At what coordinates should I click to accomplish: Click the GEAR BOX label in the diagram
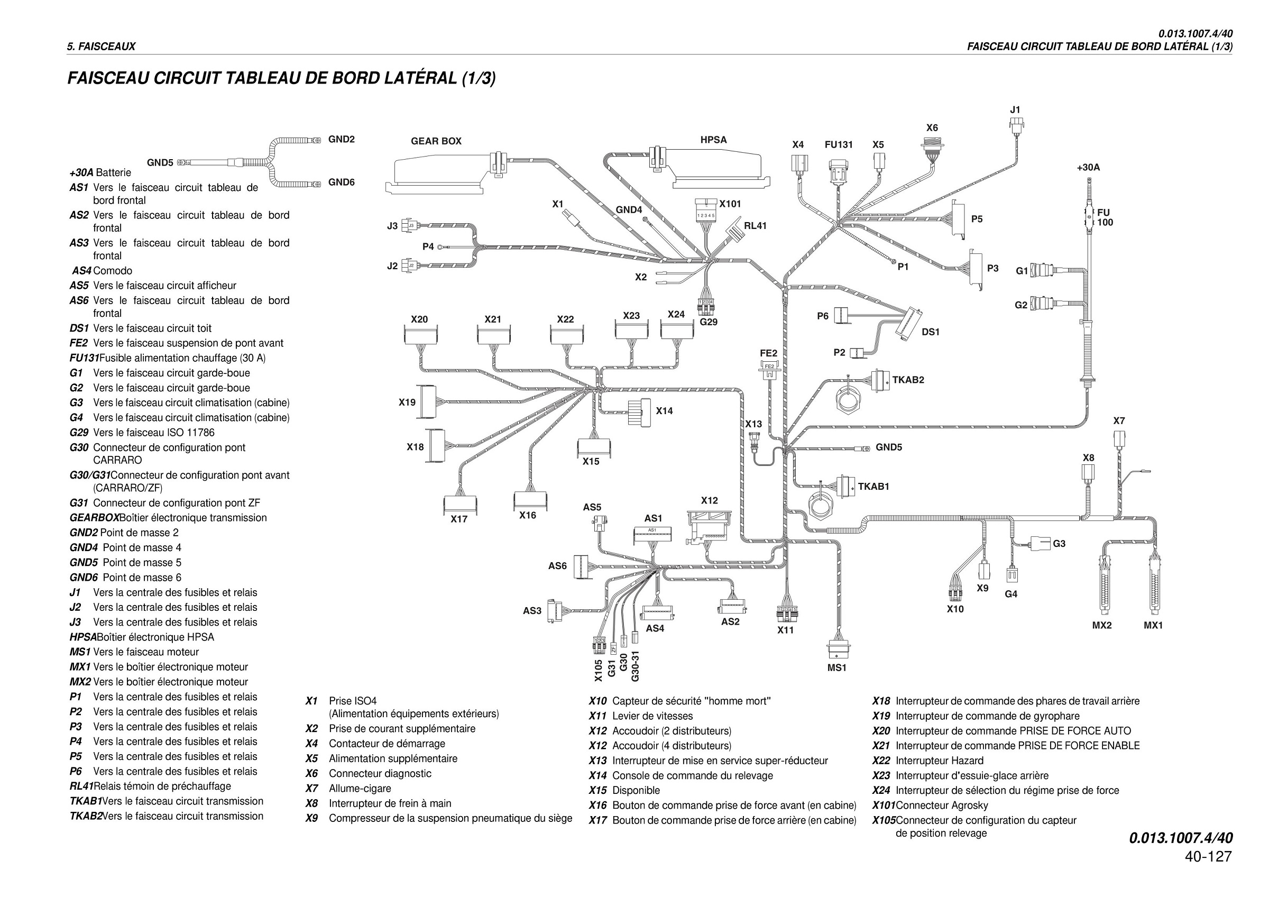(x=436, y=141)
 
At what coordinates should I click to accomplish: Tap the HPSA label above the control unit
(x=713, y=140)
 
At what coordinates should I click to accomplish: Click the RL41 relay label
(x=755, y=225)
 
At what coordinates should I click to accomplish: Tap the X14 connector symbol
(x=639, y=411)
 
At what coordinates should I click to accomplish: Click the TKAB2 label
(x=908, y=380)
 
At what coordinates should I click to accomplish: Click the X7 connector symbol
(x=1119, y=440)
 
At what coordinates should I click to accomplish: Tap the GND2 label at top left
(x=341, y=139)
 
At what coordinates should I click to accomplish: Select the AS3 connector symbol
(x=554, y=611)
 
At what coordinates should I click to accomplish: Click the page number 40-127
(x=1208, y=856)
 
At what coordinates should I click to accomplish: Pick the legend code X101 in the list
(x=883, y=806)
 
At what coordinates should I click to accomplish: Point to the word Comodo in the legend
(x=113, y=271)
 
